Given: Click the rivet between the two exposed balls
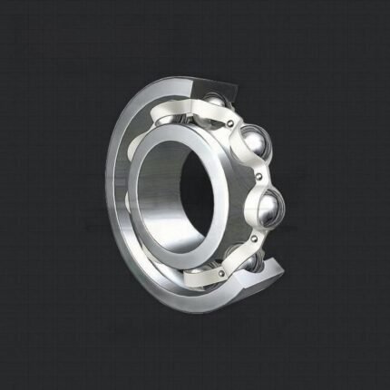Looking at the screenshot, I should (x=260, y=175).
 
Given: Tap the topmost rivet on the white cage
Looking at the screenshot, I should (x=230, y=116).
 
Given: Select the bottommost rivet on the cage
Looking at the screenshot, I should (x=219, y=271).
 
